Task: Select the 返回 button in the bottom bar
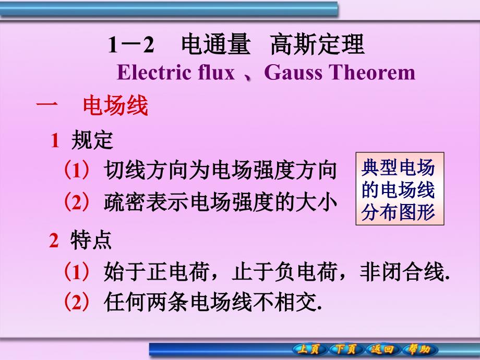tap(382, 349)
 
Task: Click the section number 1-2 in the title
tap(131, 45)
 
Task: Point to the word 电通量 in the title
tap(216, 44)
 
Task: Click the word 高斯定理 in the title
tap(317, 44)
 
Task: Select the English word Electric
tap(155, 73)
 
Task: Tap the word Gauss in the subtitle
tap(293, 73)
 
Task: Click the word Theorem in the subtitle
tap(372, 73)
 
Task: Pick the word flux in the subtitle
tap(217, 73)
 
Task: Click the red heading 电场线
tap(115, 105)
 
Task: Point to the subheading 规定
tap(92, 140)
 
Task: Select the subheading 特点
tap(91, 240)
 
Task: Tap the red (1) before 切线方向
tap(77, 170)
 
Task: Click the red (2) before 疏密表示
tap(77, 202)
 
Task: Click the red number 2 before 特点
tap(54, 241)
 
